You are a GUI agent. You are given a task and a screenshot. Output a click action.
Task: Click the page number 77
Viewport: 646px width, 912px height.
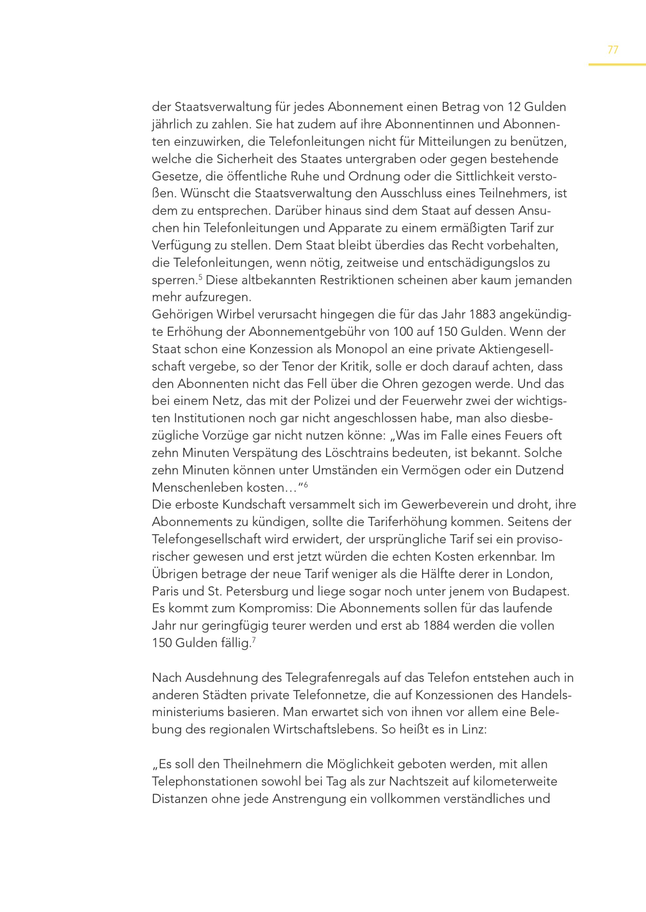[x=613, y=50]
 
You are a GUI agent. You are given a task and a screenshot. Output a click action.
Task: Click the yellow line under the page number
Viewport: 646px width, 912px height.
[x=617, y=65]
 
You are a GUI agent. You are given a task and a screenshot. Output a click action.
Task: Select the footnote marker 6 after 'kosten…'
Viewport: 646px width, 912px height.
[x=306, y=484]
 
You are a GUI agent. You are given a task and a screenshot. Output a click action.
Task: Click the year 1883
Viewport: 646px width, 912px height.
[x=482, y=315]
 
